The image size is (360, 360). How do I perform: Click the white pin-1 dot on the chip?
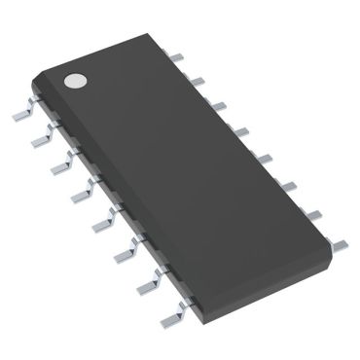(75, 81)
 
